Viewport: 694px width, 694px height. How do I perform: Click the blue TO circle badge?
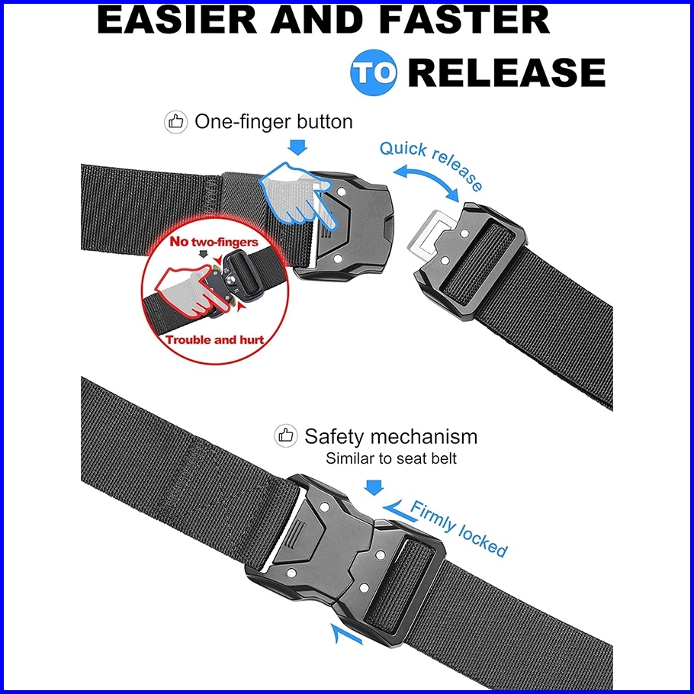tap(374, 74)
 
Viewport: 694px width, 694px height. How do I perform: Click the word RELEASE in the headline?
tap(507, 74)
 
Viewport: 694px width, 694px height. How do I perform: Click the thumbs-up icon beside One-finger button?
tap(176, 122)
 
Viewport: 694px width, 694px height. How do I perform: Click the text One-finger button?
tap(274, 122)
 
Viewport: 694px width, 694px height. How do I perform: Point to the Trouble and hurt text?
tap(215, 340)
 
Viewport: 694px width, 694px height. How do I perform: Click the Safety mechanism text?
tap(390, 437)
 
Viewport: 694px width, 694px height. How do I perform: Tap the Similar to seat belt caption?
tap(391, 459)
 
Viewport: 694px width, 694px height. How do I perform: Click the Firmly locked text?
tap(458, 528)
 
